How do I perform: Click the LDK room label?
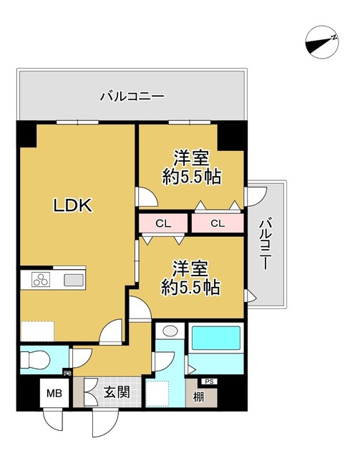pos(72,206)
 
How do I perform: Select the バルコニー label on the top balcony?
pos(132,94)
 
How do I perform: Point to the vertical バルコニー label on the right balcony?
pos(265,243)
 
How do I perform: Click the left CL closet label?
pos(163,224)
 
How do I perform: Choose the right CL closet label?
pos(218,224)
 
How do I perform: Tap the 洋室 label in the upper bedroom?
pos(190,157)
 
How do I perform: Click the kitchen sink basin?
pos(74,279)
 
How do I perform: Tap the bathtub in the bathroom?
pos(215,338)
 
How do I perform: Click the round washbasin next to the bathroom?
pos(170,331)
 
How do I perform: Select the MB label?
pos(54,393)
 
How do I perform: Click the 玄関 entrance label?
pos(117,392)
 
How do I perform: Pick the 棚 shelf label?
pos(198,396)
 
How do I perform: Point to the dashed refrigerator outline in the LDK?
pos(37,332)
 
